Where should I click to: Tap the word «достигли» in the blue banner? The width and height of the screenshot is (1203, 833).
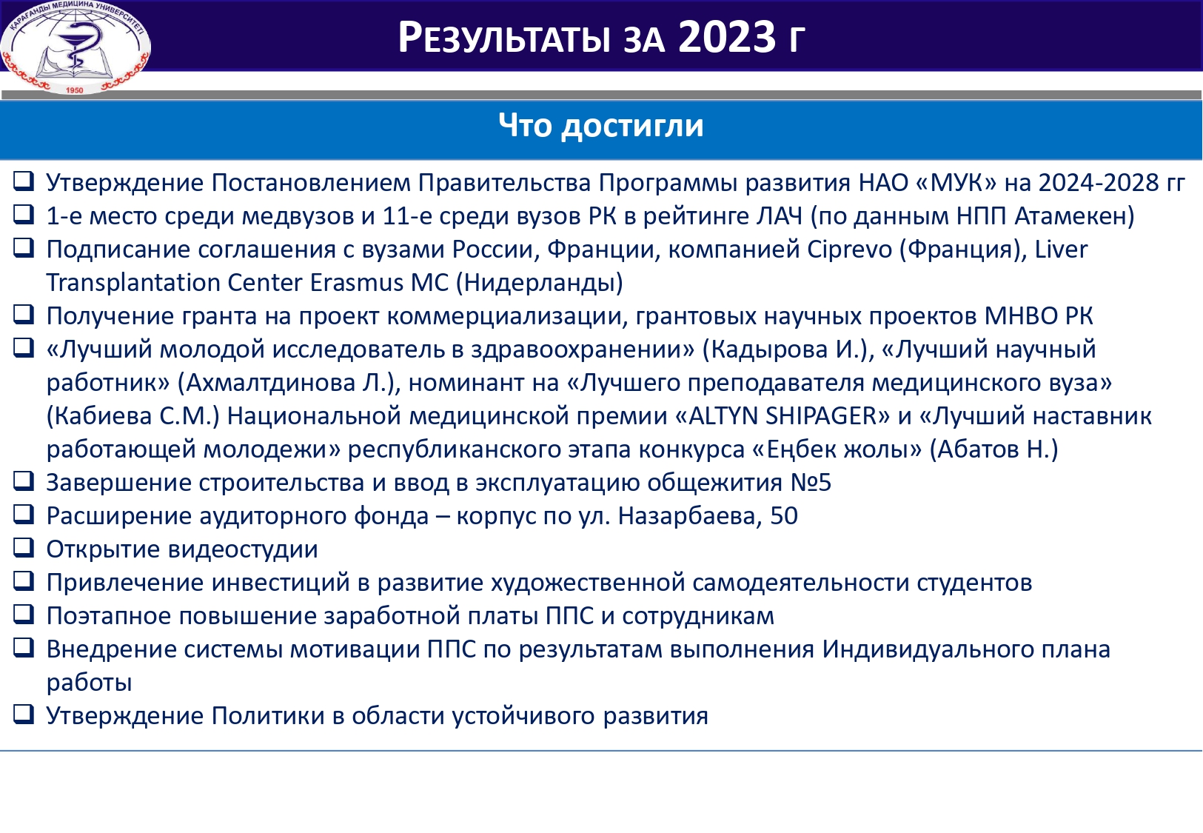632,126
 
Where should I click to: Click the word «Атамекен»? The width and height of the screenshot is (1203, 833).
1073,216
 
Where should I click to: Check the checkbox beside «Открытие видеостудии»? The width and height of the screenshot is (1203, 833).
24,548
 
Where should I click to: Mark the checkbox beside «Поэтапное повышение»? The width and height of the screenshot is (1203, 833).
24,615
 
